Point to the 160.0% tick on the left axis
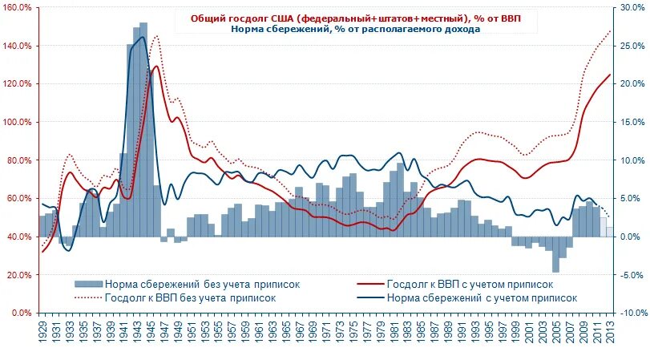pyautogui.click(x=18, y=7)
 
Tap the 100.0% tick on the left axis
pyautogui.click(x=18, y=122)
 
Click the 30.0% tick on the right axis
pyautogui.click(x=631, y=7)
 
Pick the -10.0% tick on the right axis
pyautogui.click(x=631, y=313)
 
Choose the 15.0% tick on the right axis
pyautogui.click(x=631, y=122)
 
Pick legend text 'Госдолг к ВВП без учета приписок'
pyautogui.click(x=191, y=297)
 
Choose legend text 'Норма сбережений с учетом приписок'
pyautogui.click(x=481, y=297)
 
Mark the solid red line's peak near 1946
pyautogui.click(x=156, y=67)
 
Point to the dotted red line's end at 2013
pyautogui.click(x=611, y=30)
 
